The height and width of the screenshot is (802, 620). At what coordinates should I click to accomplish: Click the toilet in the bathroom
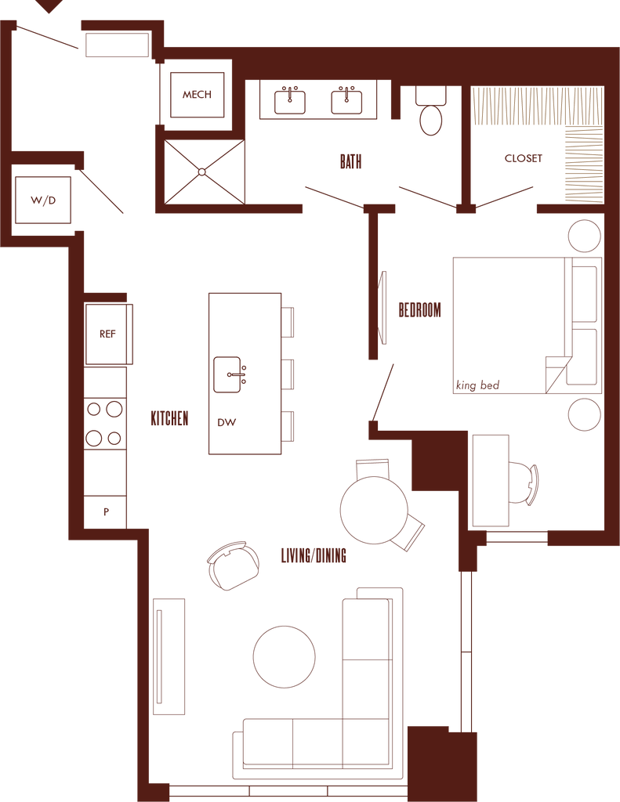coord(430,114)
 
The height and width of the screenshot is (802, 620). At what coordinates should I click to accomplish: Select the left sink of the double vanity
coord(291,99)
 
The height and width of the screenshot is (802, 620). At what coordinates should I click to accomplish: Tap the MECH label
coord(196,96)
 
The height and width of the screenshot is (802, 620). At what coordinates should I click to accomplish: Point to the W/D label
coord(43,200)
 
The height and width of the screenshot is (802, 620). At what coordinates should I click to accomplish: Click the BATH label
coord(350,161)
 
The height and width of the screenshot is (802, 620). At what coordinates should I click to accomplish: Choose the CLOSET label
coord(523,159)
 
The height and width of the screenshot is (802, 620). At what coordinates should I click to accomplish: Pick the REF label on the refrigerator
coord(107,334)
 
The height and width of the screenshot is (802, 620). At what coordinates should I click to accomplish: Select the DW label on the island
coord(227,423)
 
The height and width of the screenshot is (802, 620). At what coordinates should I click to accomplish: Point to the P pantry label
coord(106,513)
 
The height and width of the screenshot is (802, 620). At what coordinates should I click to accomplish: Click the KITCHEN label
coord(169,420)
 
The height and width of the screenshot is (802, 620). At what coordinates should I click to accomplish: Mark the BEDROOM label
coord(420,309)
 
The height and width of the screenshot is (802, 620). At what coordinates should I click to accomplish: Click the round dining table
coord(374,510)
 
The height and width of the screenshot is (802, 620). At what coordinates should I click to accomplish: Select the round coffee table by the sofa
coord(285,656)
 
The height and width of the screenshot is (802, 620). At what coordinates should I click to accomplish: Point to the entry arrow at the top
coord(52,8)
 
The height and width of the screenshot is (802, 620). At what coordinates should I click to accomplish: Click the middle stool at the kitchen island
coord(288,374)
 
